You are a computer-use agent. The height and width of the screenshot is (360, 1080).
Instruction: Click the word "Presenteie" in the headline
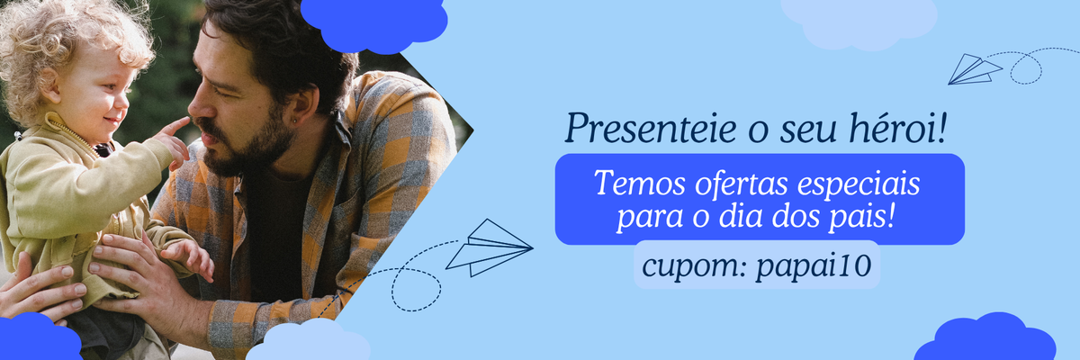pyautogui.click(x=651, y=129)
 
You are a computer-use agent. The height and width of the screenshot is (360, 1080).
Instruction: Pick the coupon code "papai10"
pyautogui.click(x=814, y=266)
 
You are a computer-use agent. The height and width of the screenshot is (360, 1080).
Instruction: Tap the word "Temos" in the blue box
pyautogui.click(x=640, y=183)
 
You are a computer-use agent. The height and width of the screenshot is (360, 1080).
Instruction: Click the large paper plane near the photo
pyautogui.click(x=490, y=247)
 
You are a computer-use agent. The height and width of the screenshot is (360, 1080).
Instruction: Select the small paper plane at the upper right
pyautogui.click(x=975, y=70)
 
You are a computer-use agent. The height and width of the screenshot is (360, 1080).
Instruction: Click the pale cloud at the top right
pyautogui.click(x=859, y=22)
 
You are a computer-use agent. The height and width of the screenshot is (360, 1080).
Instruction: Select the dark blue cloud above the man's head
pyautogui.click(x=374, y=24)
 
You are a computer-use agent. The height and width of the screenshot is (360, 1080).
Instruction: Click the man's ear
pyautogui.click(x=302, y=105)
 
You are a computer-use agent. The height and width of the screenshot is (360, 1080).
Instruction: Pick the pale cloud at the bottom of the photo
pyautogui.click(x=309, y=341)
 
